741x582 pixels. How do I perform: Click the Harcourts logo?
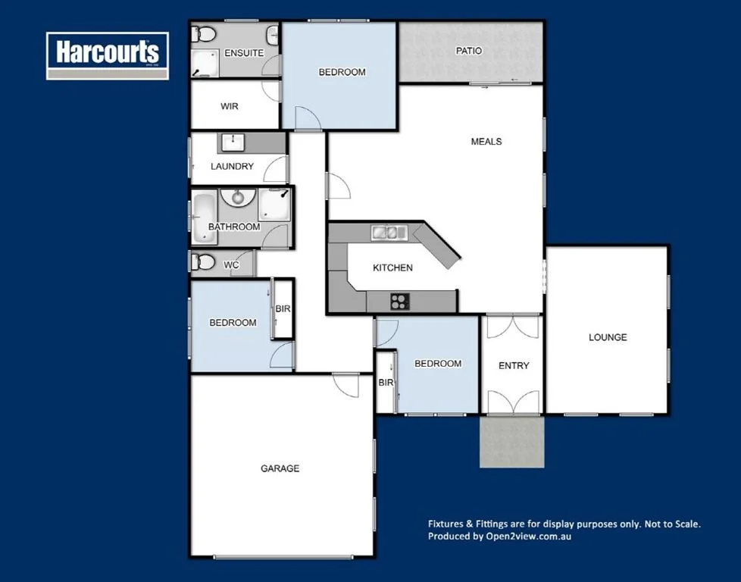[107, 55]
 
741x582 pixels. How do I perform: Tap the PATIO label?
[468, 52]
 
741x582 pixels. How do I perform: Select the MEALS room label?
[486, 142]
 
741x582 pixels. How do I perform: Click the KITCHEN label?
[392, 268]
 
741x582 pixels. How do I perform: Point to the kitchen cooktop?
[399, 302]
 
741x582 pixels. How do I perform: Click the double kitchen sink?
[389, 232]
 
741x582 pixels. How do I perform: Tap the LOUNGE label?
[608, 337]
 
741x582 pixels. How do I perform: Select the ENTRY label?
[514, 366]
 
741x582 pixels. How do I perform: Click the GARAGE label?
[280, 468]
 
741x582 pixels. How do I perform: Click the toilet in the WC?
[204, 262]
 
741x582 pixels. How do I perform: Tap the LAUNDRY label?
[232, 167]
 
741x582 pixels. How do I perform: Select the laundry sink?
[231, 142]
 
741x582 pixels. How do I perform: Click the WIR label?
[230, 107]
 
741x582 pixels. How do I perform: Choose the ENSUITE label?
[244, 53]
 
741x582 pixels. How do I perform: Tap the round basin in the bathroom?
[239, 198]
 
